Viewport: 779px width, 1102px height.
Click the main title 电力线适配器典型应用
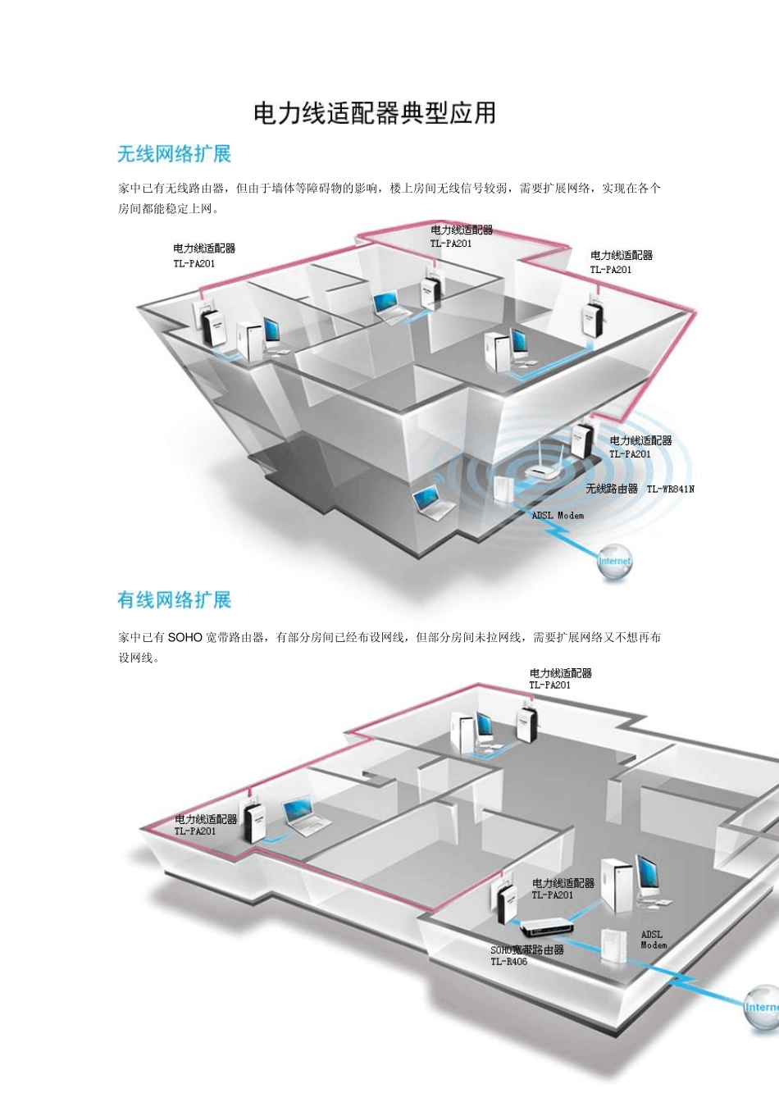[x=375, y=113]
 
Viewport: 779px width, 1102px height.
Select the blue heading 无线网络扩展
[x=174, y=154]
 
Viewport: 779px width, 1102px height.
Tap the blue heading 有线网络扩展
[x=174, y=600]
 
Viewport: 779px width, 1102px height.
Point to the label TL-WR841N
[x=671, y=490]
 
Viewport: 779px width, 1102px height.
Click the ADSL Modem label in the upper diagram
[x=558, y=516]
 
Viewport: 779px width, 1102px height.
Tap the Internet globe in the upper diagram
[x=614, y=563]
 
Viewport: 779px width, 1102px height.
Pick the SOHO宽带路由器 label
[x=527, y=949]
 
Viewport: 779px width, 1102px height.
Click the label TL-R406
[x=509, y=962]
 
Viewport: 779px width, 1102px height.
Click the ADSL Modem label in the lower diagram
[x=653, y=940]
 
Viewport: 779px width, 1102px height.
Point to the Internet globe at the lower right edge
[x=761, y=1008]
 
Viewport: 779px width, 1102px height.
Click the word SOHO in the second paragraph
[x=184, y=637]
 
